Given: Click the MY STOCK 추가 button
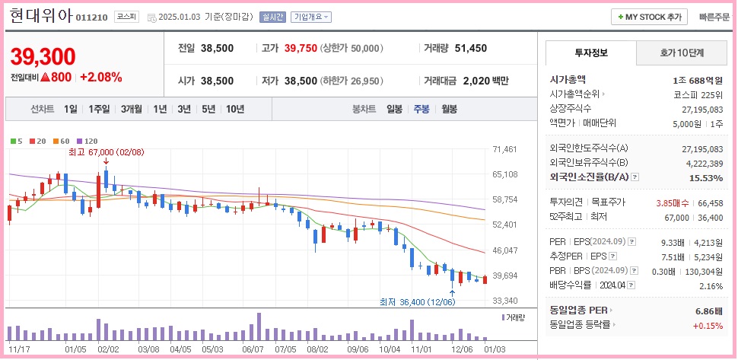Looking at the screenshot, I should click(649, 17).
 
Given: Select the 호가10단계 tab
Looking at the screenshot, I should click(681, 53).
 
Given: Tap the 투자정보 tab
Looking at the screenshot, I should click(591, 53).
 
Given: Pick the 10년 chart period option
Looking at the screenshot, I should click(234, 109).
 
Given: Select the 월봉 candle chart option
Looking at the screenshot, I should click(449, 109).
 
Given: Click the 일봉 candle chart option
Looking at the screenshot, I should click(394, 109).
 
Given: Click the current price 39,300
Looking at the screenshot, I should click(43, 56).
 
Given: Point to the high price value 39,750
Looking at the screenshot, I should click(300, 48).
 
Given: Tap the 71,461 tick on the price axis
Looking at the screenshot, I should click(505, 149).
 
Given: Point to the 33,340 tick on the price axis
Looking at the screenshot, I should click(505, 301).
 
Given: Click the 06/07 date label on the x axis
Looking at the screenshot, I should click(253, 349).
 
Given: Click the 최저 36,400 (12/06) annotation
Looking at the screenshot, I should click(416, 301).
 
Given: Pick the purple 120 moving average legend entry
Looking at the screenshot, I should click(87, 141).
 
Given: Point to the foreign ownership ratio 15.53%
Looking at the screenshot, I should click(706, 177).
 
